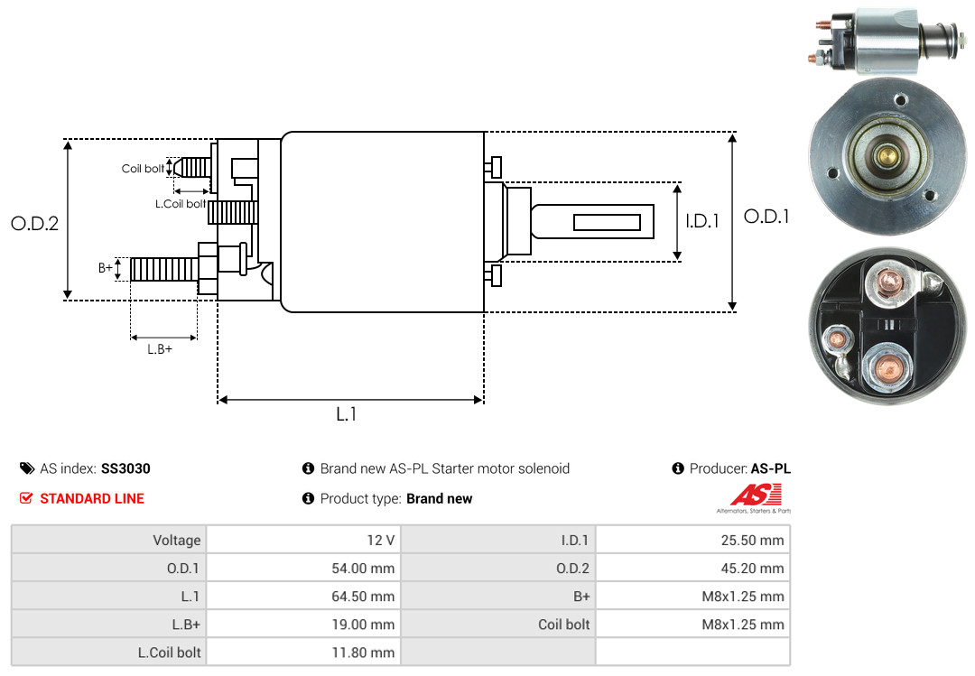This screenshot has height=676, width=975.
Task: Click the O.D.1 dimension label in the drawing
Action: point(766,217)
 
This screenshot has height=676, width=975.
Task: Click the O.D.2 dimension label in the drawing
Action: point(35,223)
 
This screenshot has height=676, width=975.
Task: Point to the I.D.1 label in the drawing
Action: point(702,221)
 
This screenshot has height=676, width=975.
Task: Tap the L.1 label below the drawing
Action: point(347,414)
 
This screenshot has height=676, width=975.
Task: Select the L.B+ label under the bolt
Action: point(160,349)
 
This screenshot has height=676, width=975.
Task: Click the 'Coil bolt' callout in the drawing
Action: point(143,169)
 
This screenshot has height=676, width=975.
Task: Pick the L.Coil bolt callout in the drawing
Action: point(181,203)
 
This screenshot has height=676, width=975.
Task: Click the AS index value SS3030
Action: point(125,468)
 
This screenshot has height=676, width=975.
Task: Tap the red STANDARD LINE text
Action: point(92,498)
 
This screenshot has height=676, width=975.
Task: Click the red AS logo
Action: point(756,495)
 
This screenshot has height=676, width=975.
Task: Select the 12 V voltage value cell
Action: point(303,540)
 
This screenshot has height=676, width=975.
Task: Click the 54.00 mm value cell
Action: point(303,568)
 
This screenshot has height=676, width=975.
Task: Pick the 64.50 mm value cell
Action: point(303,596)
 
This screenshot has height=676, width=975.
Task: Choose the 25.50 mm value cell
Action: point(692,540)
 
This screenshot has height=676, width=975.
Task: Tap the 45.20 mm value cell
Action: point(692,568)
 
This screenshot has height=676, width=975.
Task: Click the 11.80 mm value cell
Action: point(303,652)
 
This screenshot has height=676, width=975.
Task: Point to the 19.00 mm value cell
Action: point(303,624)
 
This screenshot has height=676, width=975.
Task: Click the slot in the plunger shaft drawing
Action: point(607,222)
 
